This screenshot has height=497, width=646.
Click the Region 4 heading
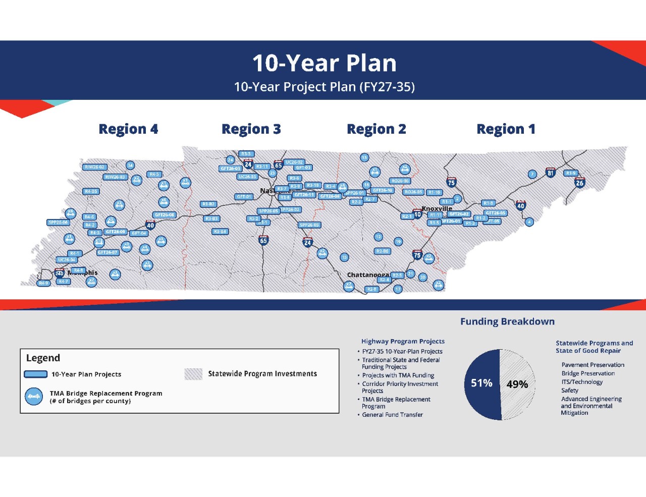(x=128, y=129)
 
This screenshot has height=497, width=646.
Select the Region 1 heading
(x=506, y=129)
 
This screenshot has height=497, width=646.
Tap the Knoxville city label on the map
(x=437, y=208)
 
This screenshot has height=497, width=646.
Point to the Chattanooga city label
(x=368, y=275)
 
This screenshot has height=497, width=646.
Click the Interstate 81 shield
(x=551, y=173)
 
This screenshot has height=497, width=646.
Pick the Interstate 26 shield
(x=579, y=182)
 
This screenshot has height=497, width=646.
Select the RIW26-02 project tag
(x=94, y=167)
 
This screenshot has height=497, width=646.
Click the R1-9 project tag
(x=571, y=173)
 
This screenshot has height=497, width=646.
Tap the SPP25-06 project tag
(x=58, y=222)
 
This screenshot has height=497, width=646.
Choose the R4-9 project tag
(x=44, y=283)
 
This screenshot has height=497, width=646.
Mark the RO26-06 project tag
(x=400, y=181)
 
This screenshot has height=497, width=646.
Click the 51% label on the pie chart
(x=481, y=383)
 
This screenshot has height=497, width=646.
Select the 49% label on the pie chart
(x=517, y=384)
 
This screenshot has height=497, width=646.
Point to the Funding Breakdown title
(x=507, y=321)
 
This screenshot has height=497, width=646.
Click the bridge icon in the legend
(x=34, y=397)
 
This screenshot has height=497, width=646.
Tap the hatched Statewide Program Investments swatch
(x=193, y=374)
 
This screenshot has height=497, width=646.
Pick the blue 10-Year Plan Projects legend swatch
(x=36, y=374)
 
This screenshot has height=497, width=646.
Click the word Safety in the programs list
(x=570, y=390)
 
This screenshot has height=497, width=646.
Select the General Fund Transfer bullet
(x=392, y=415)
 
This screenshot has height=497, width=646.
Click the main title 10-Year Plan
(x=324, y=64)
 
